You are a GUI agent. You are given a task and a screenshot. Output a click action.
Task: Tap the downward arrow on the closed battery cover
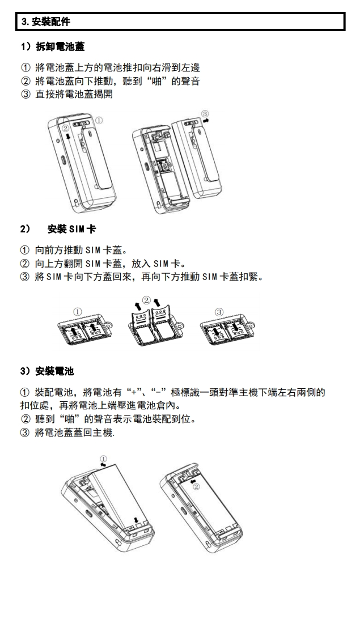point(67,136)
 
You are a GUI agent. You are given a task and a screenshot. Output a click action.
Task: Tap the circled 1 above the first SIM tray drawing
point(78,311)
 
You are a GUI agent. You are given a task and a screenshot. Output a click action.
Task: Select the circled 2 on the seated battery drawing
point(196,486)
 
